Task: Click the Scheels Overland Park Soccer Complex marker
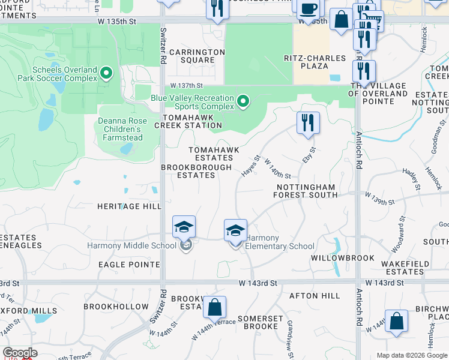pyautogui.click(x=107, y=74)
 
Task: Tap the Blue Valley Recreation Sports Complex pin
pyautogui.click(x=243, y=101)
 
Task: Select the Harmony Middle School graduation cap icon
pyautogui.click(x=184, y=227)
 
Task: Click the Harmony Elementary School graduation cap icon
pyautogui.click(x=235, y=231)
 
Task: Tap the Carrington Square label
pyautogui.click(x=197, y=56)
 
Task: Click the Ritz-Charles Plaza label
pyautogui.click(x=315, y=62)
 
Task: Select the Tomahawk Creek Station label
pyautogui.click(x=188, y=121)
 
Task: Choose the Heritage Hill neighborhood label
pyautogui.click(x=129, y=206)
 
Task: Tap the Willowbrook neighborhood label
pyautogui.click(x=343, y=257)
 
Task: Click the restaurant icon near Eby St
pyautogui.click(x=308, y=122)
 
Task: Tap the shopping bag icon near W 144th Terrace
pyautogui.click(x=214, y=308)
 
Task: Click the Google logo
pyautogui.click(x=19, y=353)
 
